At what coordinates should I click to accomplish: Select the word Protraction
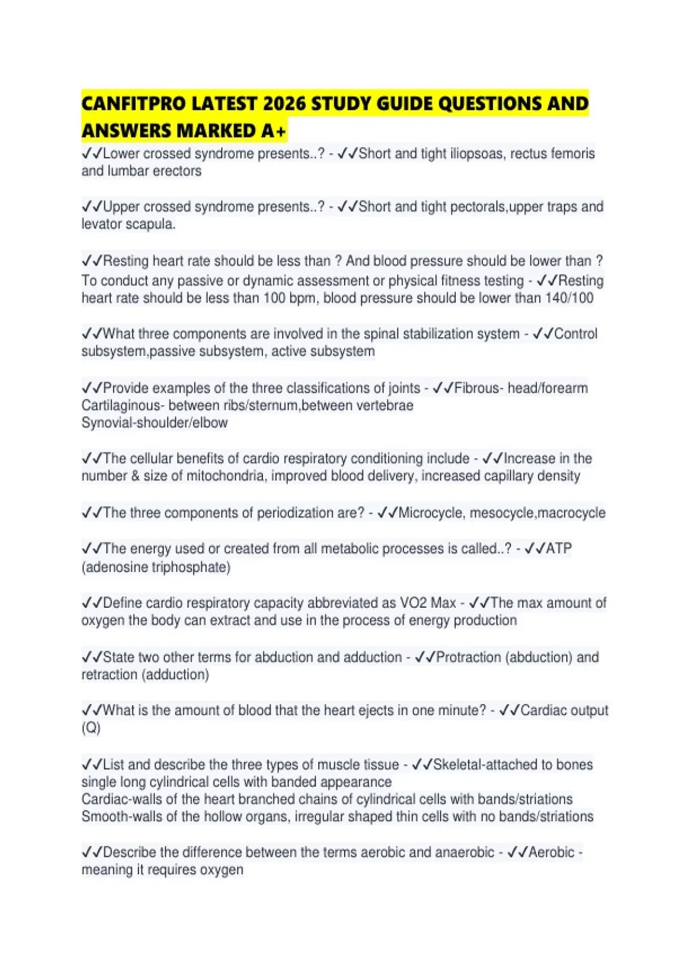point(468,657)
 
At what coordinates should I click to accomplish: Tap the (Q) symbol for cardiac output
point(91,728)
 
